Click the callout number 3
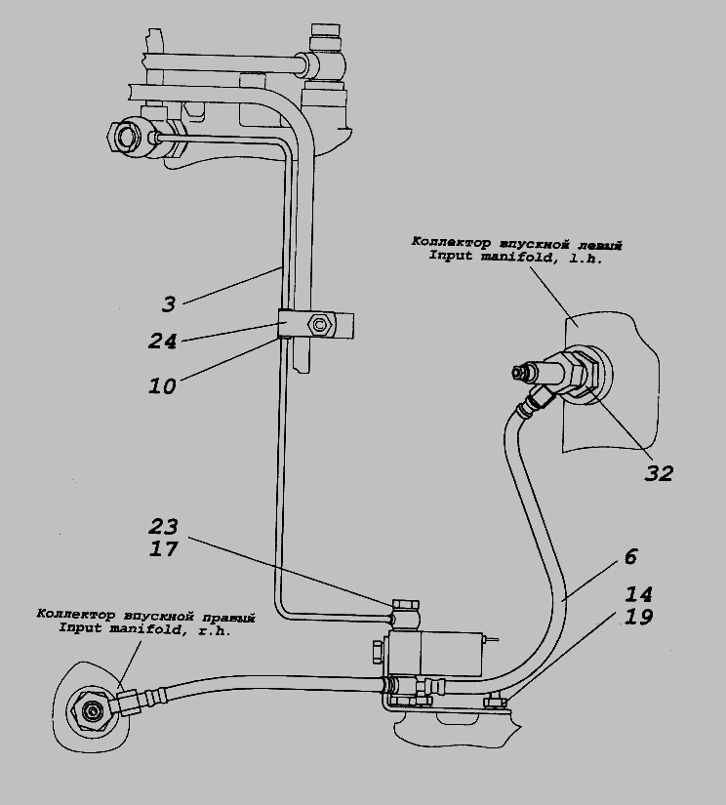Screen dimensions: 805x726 pyautogui.click(x=169, y=304)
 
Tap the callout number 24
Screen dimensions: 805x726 pyautogui.click(x=162, y=342)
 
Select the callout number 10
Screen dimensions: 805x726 pyautogui.click(x=162, y=385)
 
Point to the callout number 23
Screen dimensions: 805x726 pyautogui.click(x=165, y=527)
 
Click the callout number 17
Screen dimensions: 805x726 pyautogui.click(x=165, y=549)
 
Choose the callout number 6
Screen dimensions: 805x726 pyautogui.click(x=630, y=557)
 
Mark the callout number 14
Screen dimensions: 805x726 pyautogui.click(x=639, y=594)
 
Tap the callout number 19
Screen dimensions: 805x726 pyautogui.click(x=639, y=618)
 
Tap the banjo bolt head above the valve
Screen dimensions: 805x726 pyautogui.click(x=405, y=606)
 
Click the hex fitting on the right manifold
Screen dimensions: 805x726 pyautogui.click(x=92, y=709)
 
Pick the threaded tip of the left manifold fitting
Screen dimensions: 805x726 pyautogui.click(x=518, y=371)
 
